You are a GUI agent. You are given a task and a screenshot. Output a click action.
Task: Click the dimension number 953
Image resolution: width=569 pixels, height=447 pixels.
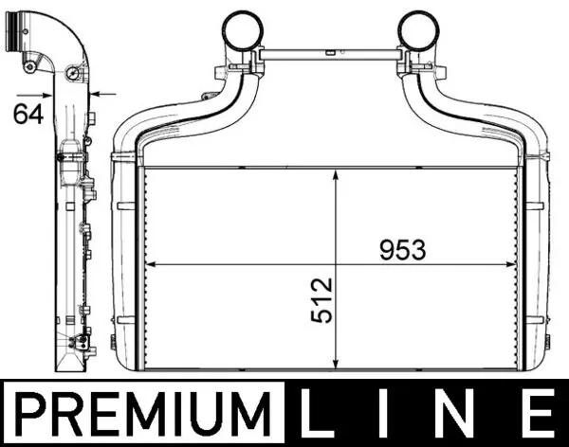[402, 250]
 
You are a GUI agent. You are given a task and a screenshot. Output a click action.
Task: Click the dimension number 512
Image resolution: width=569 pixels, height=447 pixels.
[321, 300]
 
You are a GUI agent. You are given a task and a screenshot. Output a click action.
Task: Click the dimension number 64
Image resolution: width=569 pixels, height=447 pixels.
[28, 113]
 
